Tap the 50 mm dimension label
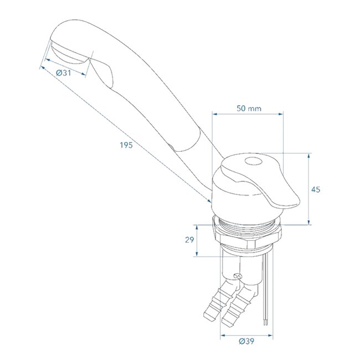click(248, 109)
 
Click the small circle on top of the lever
click(253, 162)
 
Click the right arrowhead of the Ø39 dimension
click(274, 335)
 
